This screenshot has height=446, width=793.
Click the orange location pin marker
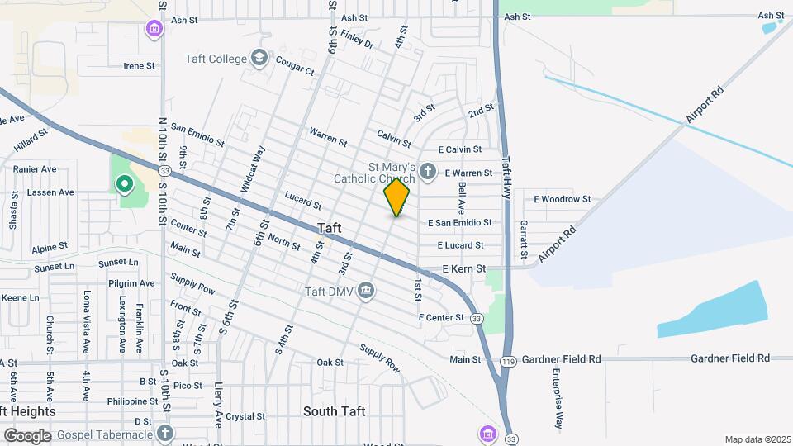pos(397,197)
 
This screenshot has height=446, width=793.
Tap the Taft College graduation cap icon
pos(259,59)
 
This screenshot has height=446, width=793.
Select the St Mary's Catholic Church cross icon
pos(426,172)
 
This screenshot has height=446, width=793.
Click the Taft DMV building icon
pos(367,291)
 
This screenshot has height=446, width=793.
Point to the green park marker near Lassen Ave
pos(124,183)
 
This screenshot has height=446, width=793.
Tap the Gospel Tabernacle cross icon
pos(165,434)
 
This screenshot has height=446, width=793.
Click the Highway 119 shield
pos(507,360)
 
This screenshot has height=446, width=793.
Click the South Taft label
pos(334,411)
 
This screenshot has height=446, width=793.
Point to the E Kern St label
pos(463,268)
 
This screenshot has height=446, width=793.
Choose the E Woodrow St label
pos(562,199)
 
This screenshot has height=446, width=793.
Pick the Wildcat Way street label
pos(252,170)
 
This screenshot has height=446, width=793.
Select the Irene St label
pos(139,66)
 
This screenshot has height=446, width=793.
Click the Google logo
pos(27,435)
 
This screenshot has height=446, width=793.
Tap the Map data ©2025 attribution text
pos(757,439)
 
